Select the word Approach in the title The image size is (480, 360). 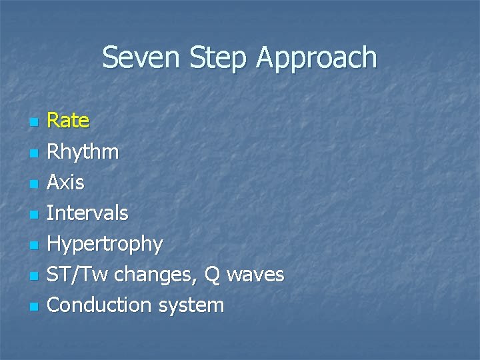(317, 59)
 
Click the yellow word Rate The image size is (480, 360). (68, 121)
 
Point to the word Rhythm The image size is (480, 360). (83, 153)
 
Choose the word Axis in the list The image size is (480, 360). (65, 182)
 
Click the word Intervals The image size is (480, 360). (87, 213)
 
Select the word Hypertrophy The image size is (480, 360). (105, 245)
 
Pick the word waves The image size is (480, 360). (257, 275)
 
